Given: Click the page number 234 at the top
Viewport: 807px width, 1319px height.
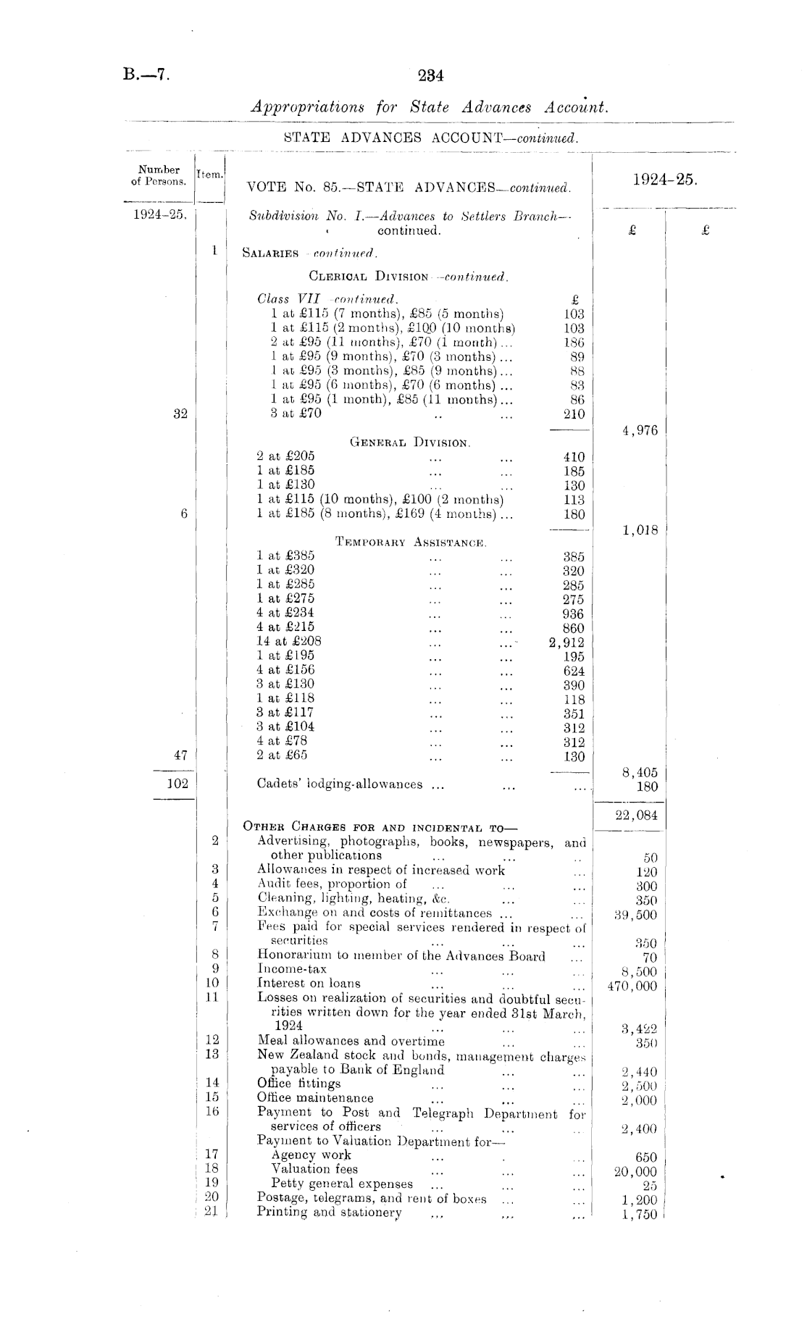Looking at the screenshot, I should click(x=430, y=75).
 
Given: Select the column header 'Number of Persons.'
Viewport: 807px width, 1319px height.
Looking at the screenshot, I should click(x=159, y=175).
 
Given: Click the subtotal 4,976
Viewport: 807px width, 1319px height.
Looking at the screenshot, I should click(x=640, y=431).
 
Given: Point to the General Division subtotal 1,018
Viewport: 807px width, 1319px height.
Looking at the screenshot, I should click(x=640, y=530).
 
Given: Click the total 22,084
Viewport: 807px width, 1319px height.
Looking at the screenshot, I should click(x=636, y=816).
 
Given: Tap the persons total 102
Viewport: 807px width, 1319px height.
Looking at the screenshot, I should click(x=177, y=783).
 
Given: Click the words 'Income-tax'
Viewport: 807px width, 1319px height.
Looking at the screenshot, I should click(x=292, y=969).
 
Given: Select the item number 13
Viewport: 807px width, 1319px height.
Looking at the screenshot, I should click(x=212, y=1054).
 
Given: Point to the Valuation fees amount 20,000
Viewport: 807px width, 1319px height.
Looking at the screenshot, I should click(x=635, y=1172).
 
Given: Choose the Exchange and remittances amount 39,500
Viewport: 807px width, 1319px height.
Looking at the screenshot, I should click(x=635, y=915).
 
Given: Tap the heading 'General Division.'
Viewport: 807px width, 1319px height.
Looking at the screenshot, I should click(x=410, y=442).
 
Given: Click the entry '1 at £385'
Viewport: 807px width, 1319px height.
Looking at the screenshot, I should click(x=285, y=556).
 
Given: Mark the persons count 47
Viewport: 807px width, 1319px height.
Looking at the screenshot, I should click(x=180, y=755).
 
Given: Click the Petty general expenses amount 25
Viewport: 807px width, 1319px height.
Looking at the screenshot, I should click(x=649, y=1186).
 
